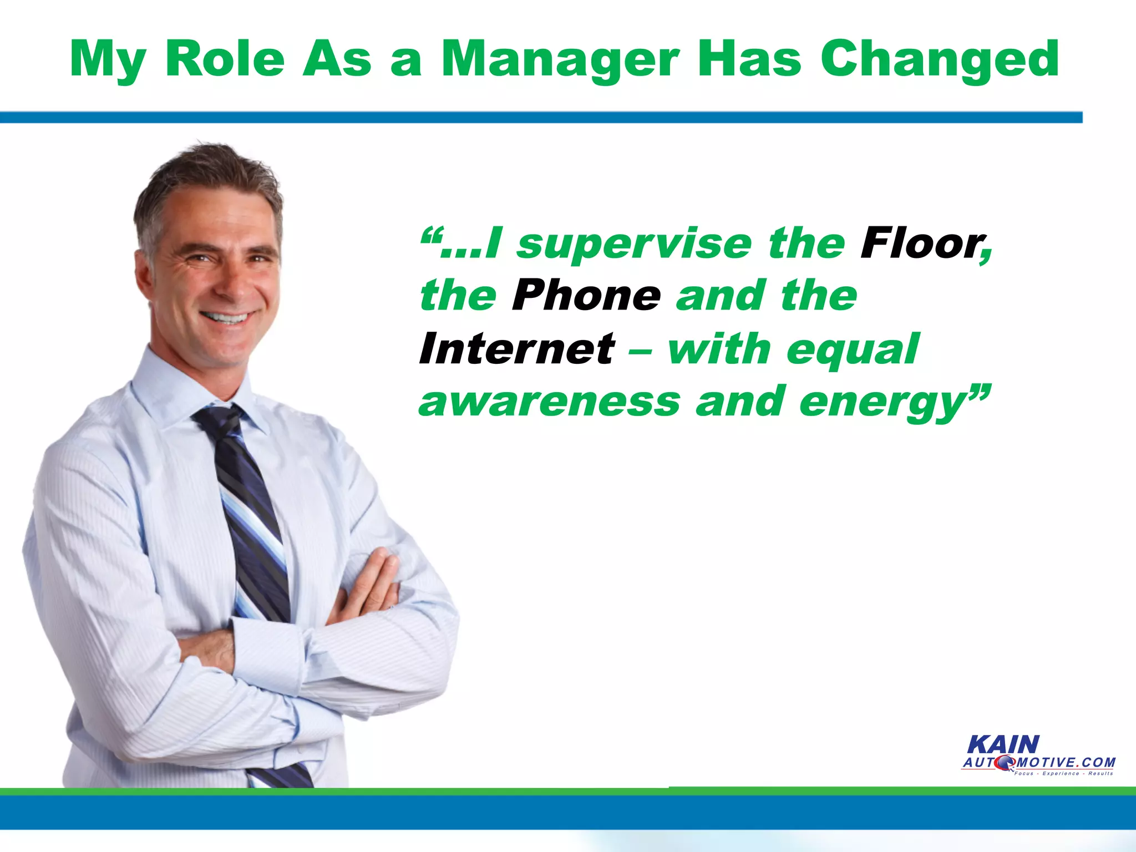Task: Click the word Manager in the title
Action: pyautogui.click(x=560, y=60)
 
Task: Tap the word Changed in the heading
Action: pyautogui.click(x=940, y=60)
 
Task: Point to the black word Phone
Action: pyautogui.click(x=586, y=296)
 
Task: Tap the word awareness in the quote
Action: pyautogui.click(x=549, y=402)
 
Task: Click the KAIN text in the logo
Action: pyautogui.click(x=1003, y=745)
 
